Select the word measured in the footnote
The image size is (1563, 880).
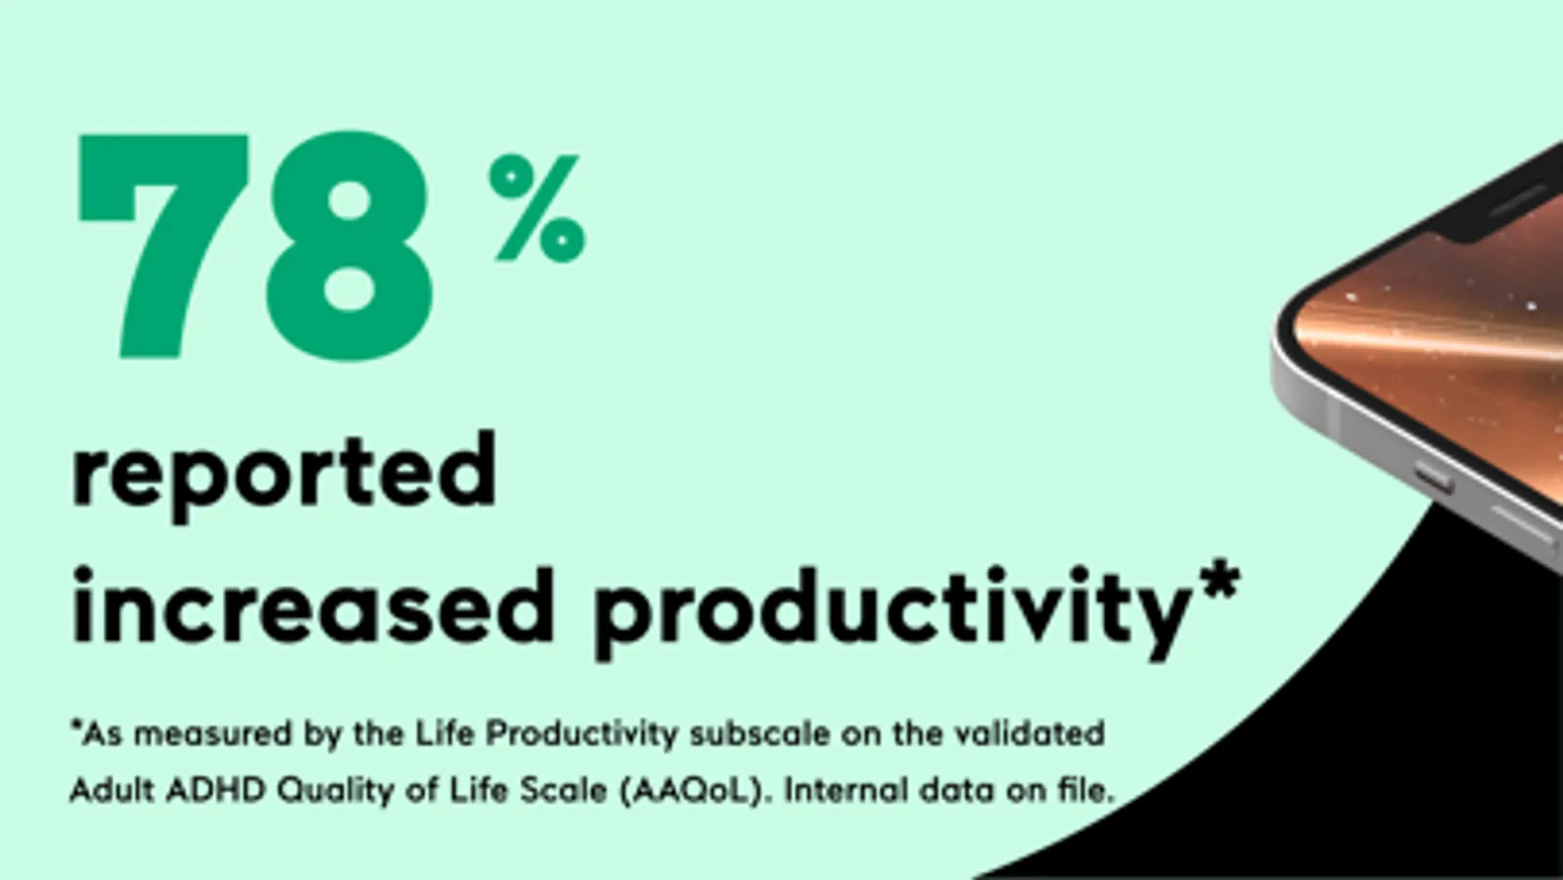[x=212, y=734]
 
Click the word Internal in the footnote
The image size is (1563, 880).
[x=846, y=791]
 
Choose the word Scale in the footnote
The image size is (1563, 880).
[x=564, y=791]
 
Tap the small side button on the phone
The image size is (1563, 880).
[x=1435, y=479]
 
